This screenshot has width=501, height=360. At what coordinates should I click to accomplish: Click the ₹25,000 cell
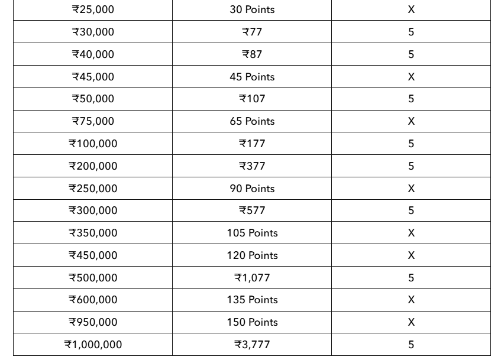coord(93,9)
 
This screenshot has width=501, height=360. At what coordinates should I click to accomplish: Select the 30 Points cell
coord(252,9)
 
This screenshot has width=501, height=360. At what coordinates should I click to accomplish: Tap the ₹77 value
coord(252,32)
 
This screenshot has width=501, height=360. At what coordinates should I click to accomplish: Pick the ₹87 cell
coord(252,54)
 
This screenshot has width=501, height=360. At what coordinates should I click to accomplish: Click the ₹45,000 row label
coord(93,77)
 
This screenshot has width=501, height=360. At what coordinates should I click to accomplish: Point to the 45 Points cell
coord(252,77)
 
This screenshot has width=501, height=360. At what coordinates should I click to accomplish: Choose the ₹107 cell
coord(252,99)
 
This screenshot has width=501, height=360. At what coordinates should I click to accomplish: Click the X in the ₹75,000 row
coord(411,121)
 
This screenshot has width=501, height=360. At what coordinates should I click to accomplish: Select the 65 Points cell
coord(252,121)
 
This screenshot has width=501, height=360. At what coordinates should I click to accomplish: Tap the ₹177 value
coord(252,144)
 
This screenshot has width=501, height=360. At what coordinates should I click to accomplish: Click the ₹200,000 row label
coord(93,166)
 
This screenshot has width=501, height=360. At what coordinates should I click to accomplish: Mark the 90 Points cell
coord(252,189)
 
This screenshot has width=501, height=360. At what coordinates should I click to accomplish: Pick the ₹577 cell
coord(252,210)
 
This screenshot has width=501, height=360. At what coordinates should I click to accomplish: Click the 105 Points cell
coord(252,233)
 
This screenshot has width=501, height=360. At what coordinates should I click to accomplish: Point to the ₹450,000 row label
coord(93,255)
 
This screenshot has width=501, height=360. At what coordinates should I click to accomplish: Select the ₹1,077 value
coord(252,278)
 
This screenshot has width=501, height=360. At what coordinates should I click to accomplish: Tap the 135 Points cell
coord(252,300)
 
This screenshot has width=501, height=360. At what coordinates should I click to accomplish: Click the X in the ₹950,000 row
coord(411,322)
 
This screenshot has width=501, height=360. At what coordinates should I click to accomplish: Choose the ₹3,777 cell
coord(252,345)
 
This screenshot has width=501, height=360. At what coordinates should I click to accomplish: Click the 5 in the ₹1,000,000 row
coord(411,345)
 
